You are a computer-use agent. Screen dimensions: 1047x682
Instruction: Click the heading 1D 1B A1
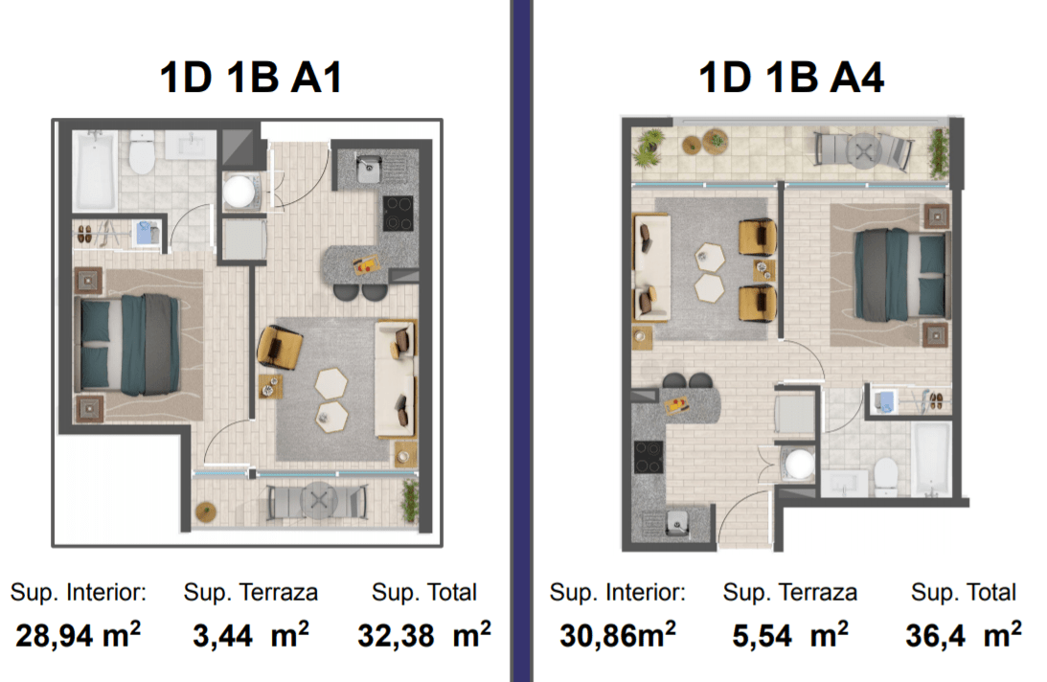point(251,78)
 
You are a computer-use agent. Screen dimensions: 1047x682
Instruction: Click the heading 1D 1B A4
point(791,78)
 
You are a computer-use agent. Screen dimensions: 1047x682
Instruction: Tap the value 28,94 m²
point(79,634)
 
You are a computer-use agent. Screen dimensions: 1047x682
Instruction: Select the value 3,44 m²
point(251,634)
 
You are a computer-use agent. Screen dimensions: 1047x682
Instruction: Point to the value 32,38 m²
point(424,634)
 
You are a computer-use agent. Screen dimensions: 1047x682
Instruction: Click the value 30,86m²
point(618,634)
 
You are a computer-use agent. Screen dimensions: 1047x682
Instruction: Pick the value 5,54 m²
point(790,634)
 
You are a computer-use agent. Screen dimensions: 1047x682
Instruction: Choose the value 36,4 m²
point(964,634)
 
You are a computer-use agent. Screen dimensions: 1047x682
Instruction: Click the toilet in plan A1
point(142,152)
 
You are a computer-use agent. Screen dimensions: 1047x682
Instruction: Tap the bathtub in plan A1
point(96,170)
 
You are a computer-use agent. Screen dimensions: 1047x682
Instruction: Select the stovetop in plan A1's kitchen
point(398,213)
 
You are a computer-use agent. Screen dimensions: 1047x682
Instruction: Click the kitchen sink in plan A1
point(369,169)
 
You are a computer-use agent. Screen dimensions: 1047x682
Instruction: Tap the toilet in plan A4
point(885,476)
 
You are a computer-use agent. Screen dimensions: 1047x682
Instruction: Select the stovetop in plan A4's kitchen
point(649,457)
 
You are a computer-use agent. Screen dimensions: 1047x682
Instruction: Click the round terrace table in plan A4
point(863,151)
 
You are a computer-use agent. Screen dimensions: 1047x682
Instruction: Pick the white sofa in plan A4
point(651,267)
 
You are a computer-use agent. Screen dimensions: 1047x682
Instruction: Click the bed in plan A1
point(129,345)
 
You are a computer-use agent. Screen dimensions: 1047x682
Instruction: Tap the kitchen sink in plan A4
point(677,522)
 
